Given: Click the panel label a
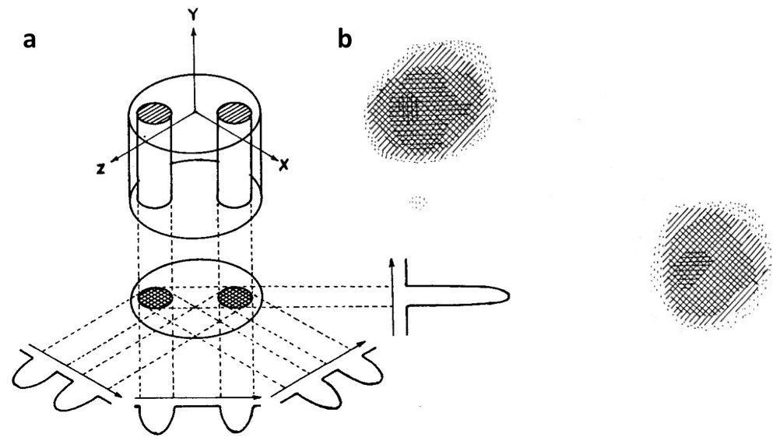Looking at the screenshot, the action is [x=30, y=40].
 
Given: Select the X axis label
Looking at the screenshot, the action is [x=284, y=166].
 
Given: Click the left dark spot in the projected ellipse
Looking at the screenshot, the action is [x=155, y=297].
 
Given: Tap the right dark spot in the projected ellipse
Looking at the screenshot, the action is [x=235, y=297].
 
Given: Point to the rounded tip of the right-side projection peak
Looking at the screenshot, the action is [x=507, y=295].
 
